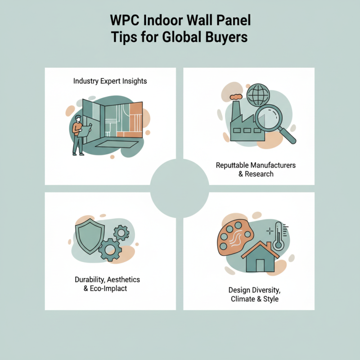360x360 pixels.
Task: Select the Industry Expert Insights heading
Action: coord(110,81)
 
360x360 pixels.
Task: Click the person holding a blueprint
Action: coord(79,135)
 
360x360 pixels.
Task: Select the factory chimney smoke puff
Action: coord(236,97)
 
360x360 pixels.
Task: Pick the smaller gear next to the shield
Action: coord(121,233)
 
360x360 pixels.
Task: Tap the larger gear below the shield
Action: coord(109,250)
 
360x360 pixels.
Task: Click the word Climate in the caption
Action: coord(243,299)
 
